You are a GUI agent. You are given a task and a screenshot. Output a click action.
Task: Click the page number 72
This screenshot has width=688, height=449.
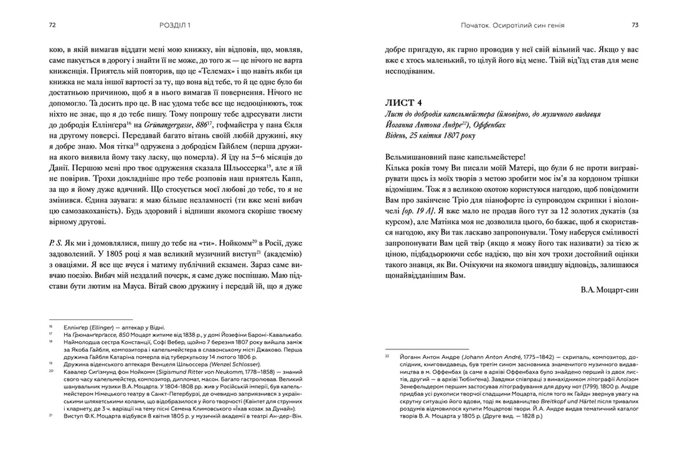point(53,25)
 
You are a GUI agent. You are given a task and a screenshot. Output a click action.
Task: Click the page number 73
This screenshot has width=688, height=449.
point(634,25)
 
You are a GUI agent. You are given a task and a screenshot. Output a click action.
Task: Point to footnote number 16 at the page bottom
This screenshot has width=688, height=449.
point(52,326)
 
